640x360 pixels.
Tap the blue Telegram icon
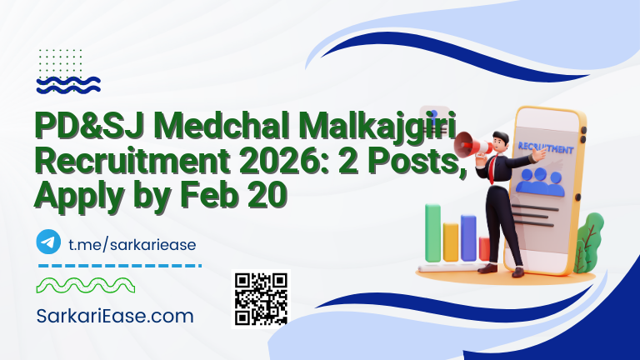(49, 242)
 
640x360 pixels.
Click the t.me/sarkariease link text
(130, 243)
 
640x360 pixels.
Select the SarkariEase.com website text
(115, 317)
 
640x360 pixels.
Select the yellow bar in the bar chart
(451, 241)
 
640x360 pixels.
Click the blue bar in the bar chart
(469, 237)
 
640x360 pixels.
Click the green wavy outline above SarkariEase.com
(83, 286)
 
